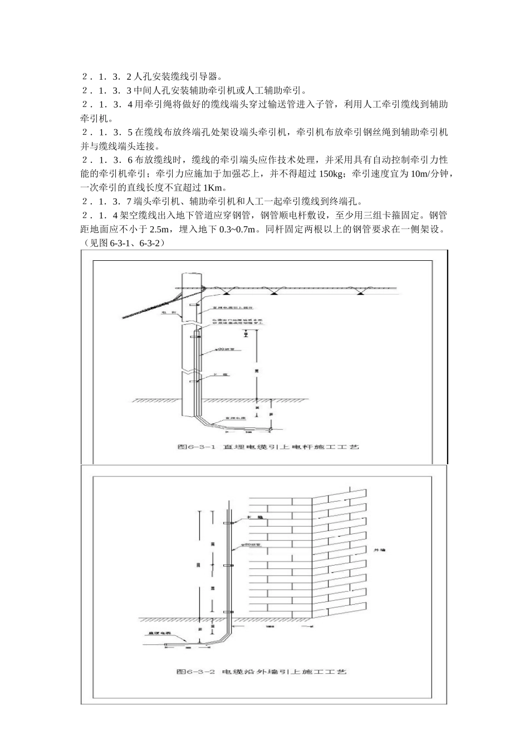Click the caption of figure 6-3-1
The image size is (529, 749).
[268, 446]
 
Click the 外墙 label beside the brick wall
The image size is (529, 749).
[379, 549]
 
